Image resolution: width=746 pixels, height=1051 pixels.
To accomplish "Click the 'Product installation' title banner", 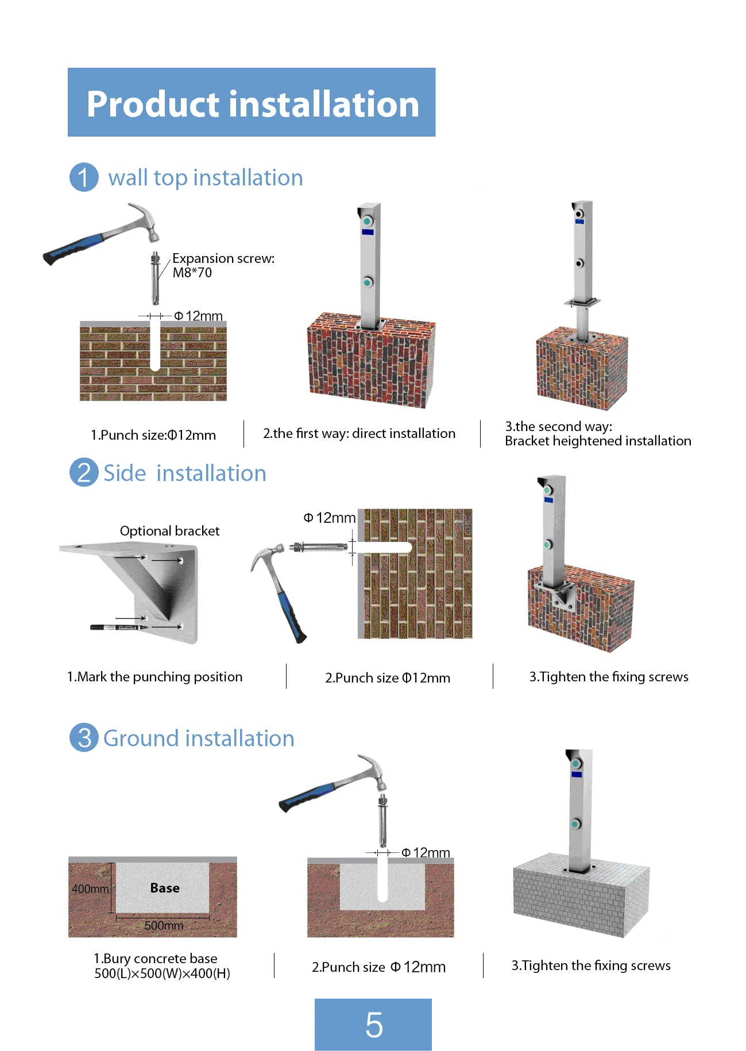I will (252, 103).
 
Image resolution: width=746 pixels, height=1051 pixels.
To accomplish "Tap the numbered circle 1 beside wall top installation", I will (84, 177).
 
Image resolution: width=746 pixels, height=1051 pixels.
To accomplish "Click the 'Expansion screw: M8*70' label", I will (223, 265).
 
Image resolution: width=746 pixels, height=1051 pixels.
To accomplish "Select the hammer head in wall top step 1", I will (146, 221).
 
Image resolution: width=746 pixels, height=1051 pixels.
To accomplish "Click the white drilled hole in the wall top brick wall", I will (154, 344).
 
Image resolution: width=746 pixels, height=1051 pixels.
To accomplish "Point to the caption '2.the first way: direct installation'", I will (359, 433).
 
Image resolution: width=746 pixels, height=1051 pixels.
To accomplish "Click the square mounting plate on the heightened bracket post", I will (582, 302).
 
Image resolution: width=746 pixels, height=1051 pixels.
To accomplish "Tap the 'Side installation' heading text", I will (184, 474).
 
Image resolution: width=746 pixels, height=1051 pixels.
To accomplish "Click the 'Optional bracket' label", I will (169, 531).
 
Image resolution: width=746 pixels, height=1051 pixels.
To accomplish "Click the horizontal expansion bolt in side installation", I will (319, 547).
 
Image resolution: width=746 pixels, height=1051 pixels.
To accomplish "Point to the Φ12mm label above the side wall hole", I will (330, 518).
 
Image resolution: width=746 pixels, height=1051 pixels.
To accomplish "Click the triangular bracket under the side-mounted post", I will (559, 595).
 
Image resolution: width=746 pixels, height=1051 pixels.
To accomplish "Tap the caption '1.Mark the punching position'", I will (154, 677).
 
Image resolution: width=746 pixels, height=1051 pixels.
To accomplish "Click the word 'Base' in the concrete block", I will (165, 887).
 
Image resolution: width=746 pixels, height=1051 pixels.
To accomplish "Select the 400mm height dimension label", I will (90, 889).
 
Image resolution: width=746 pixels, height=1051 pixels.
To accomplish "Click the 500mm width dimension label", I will (164, 925).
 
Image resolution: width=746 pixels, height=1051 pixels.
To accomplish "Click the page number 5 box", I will (373, 1024).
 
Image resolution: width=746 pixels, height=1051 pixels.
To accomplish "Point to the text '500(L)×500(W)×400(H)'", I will (162, 974).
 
